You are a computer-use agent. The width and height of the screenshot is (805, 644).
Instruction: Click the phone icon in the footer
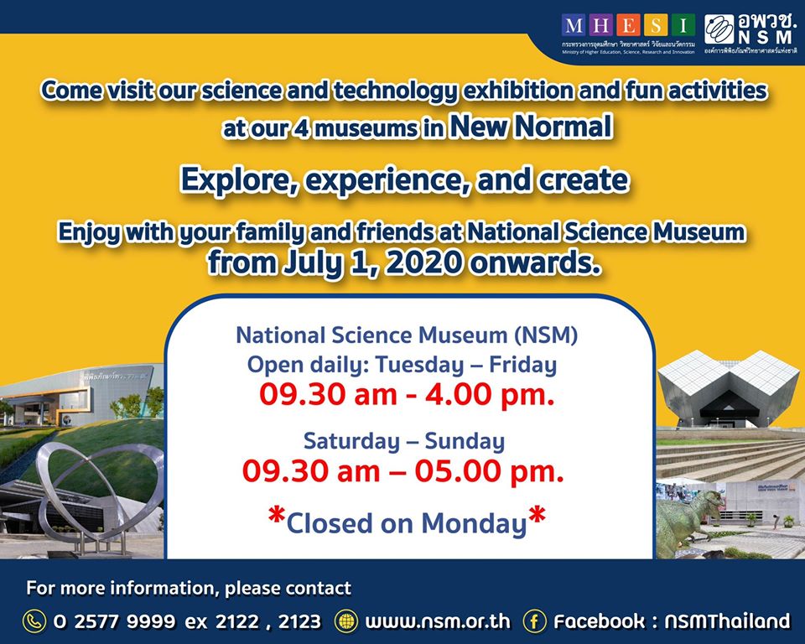[34, 621]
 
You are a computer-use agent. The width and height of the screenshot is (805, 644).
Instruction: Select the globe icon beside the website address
[345, 621]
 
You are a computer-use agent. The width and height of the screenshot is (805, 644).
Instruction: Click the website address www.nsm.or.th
[438, 621]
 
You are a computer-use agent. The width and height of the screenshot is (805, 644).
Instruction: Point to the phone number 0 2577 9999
[115, 621]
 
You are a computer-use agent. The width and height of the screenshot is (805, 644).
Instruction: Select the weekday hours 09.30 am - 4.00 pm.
[407, 393]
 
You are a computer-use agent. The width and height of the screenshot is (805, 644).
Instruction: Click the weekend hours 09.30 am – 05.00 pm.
[402, 471]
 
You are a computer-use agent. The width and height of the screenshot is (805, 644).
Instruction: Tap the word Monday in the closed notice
[474, 522]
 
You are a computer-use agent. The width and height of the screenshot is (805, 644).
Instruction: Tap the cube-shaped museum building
[727, 390]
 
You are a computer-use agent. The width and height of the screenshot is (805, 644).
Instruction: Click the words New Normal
[528, 127]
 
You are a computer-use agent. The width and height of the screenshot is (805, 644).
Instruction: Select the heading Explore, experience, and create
[404, 179]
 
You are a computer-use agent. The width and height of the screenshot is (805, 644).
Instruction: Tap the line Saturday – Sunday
[403, 440]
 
